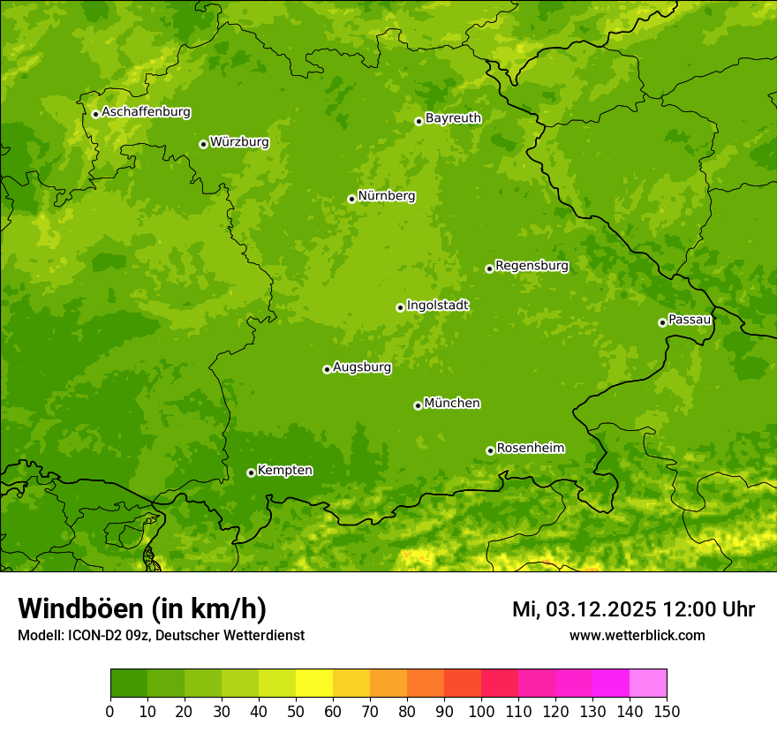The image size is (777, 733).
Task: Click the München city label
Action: (x=452, y=404)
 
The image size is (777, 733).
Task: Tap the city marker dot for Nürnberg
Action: (x=351, y=199)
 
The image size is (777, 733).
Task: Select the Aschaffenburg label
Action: (x=146, y=112)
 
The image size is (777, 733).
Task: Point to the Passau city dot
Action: (x=662, y=322)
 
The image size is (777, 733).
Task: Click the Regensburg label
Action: (x=532, y=266)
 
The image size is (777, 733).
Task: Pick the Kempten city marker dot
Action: (x=251, y=472)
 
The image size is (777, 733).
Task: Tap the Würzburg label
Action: (x=239, y=142)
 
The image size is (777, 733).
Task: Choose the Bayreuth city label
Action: (x=453, y=118)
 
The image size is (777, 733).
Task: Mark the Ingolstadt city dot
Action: (x=400, y=307)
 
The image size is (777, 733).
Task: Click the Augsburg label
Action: (x=362, y=367)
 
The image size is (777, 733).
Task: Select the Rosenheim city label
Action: (x=530, y=449)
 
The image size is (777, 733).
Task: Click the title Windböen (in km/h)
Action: (x=142, y=608)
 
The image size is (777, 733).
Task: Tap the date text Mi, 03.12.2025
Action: (x=584, y=609)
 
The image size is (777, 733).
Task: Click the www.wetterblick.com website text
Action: (x=637, y=635)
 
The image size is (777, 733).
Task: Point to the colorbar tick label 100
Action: (x=481, y=711)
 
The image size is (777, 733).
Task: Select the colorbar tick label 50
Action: (x=296, y=711)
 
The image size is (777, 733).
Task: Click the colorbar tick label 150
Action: (x=667, y=711)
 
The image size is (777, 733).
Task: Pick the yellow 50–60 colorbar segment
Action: (x=314, y=683)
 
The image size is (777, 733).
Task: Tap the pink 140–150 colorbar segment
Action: (x=648, y=683)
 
